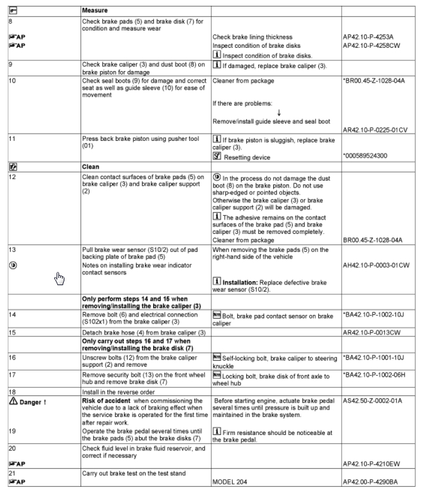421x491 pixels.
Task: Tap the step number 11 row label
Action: pyautogui.click(x=11, y=138)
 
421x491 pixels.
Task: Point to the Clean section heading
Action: pyautogui.click(x=91, y=167)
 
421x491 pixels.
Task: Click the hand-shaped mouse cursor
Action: pyautogui.click(x=58, y=278)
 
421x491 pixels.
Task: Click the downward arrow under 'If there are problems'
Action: pyautogui.click(x=279, y=113)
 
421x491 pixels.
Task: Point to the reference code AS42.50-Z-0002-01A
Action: pyautogui.click(x=372, y=401)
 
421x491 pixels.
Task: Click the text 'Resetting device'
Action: pyautogui.click(x=246, y=158)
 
